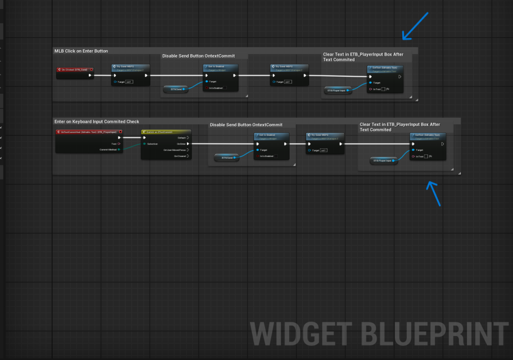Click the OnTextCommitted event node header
pyautogui.click(x=88, y=132)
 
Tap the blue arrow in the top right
pyautogui.click(x=415, y=26)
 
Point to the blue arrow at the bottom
pyautogui.click(x=434, y=193)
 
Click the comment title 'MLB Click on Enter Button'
pyautogui.click(x=81, y=51)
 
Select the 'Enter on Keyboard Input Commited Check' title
pyautogui.click(x=97, y=121)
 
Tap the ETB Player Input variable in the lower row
pyautogui.click(x=384, y=161)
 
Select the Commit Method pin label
pyautogui.click(x=108, y=149)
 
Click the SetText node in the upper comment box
pyautogui.click(x=384, y=67)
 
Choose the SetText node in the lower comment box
pyautogui.click(x=427, y=135)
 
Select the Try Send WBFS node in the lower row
pyautogui.click(x=325, y=135)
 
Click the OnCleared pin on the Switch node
pyautogui.click(x=181, y=156)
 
